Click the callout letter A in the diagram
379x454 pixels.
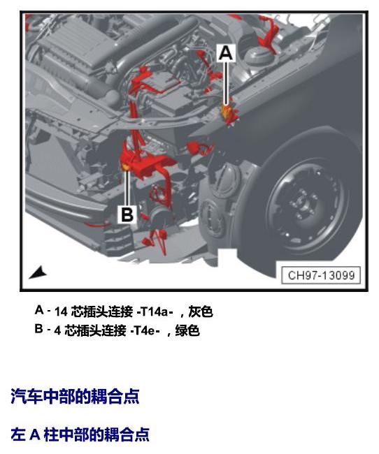coord(226,53)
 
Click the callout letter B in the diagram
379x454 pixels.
coord(127,214)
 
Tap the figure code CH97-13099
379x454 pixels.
coord(321,275)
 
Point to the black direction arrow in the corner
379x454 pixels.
coord(38,272)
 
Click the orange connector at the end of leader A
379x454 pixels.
coord(226,111)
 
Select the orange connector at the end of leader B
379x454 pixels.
coord(126,167)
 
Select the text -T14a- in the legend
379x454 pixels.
coord(155,312)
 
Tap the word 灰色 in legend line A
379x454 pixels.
coord(201,312)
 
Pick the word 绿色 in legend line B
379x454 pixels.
coord(187,330)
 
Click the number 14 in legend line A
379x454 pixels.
coord(61,312)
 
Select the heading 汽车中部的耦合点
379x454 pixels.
coord(75,396)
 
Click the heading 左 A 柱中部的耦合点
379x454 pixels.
coord(80,434)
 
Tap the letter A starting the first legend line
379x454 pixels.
coord(39,310)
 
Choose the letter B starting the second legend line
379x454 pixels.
coord(39,329)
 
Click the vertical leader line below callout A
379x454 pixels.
coord(226,83)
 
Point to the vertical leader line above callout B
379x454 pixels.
coord(127,188)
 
